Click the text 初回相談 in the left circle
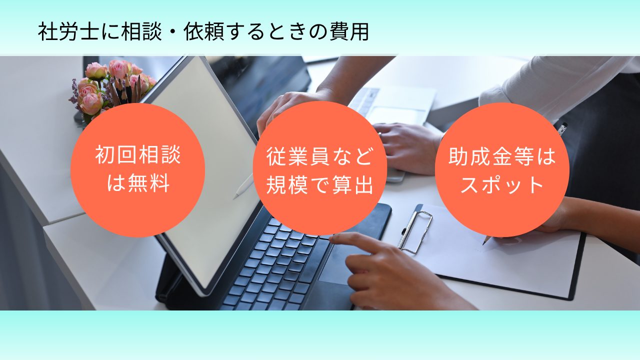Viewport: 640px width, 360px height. coord(137,155)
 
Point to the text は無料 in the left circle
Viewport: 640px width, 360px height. coord(138,183)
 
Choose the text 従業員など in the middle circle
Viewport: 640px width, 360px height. coord(319,156)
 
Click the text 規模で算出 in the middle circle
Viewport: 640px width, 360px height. coord(319,184)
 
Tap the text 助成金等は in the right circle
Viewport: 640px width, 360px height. coord(502,156)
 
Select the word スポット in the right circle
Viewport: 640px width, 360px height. coord(502,184)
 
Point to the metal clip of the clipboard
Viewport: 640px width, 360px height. coord(415,231)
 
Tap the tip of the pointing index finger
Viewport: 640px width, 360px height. coord(332,238)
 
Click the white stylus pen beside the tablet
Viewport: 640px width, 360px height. coord(243,186)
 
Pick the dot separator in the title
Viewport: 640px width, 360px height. coord(173,31)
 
